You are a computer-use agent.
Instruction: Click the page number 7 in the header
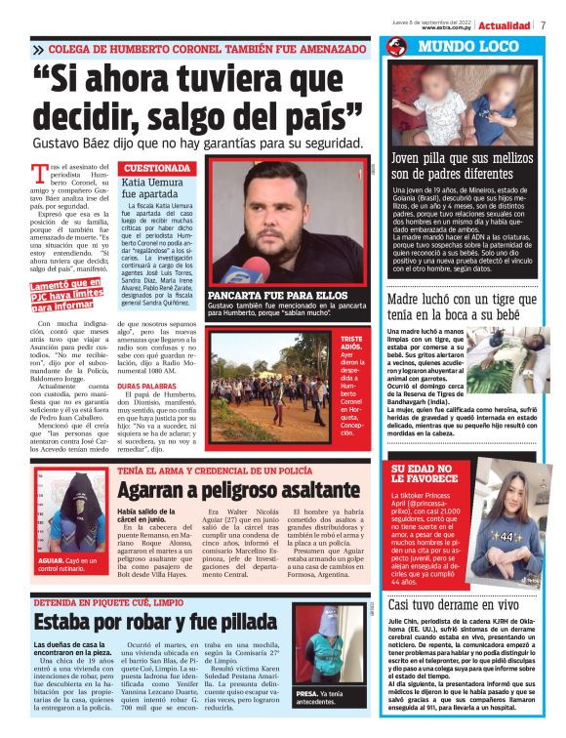click(542, 24)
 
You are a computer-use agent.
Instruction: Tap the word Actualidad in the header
click(505, 24)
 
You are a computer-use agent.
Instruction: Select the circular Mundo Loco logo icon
click(396, 47)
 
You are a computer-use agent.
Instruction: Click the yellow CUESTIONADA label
click(155, 168)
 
